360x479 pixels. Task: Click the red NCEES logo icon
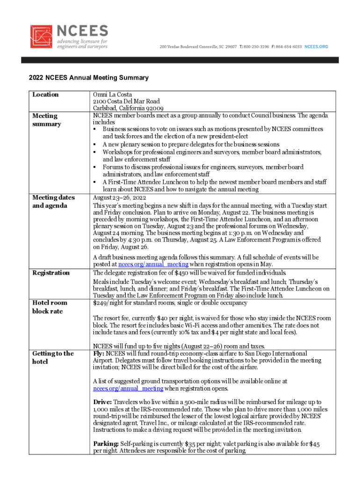click(x=42, y=37)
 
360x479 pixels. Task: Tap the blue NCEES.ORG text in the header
click(x=317, y=47)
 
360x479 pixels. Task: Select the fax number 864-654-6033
click(x=289, y=47)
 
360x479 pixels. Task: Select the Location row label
click(x=45, y=94)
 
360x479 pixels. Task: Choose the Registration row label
click(x=51, y=273)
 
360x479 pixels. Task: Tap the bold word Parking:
click(x=106, y=443)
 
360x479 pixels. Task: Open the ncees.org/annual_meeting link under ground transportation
click(x=128, y=388)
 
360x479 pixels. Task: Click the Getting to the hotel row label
click(x=53, y=357)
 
